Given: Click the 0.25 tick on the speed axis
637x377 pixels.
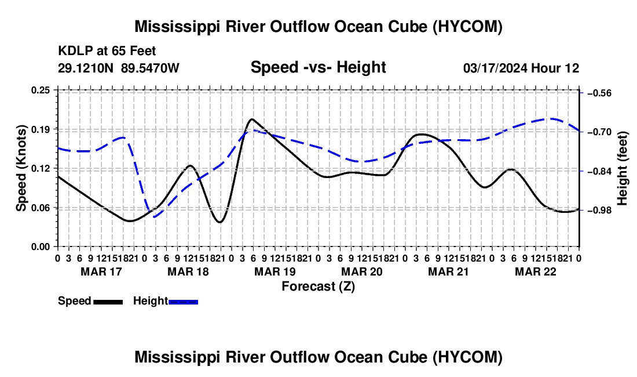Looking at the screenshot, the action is click(40, 90).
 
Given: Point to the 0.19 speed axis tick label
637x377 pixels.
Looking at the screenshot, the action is click(40, 129).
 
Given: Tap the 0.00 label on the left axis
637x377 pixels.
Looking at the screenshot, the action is click(40, 247).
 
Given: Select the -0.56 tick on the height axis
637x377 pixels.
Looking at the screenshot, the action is click(599, 93).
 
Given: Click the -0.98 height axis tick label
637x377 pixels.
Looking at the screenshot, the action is click(599, 211).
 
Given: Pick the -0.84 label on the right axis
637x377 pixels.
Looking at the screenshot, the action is click(599, 171).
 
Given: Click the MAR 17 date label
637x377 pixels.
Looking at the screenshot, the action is click(101, 271).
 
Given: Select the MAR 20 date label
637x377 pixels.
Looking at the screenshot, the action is click(361, 271).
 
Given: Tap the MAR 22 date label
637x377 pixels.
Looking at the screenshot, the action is click(536, 271).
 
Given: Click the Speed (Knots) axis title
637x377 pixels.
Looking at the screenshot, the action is click(21, 168).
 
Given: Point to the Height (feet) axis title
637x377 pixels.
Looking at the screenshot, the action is click(623, 168).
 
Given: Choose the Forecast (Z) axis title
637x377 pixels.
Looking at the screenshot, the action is click(318, 287).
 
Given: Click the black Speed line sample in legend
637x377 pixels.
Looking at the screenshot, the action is click(108, 302).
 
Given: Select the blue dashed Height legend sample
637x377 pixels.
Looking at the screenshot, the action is click(183, 302).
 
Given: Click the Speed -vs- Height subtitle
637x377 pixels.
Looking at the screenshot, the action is click(318, 67).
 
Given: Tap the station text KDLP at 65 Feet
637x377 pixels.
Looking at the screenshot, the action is click(107, 51).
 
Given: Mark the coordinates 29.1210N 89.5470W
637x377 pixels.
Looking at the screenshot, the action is click(119, 68).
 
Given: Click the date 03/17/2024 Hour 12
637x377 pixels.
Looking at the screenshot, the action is click(521, 68).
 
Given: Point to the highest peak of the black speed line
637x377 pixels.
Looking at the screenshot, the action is click(252, 119).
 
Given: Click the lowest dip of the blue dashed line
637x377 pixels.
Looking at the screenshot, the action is click(155, 217).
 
